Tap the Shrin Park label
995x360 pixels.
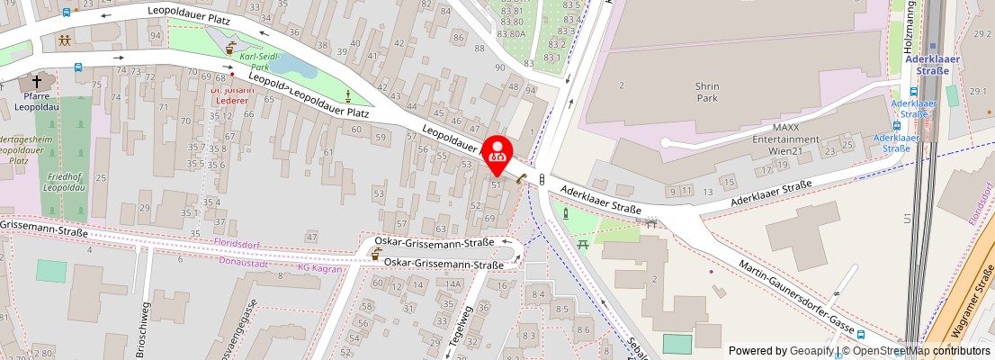click(x=706, y=91)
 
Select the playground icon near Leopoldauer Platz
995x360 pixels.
click(x=66, y=40)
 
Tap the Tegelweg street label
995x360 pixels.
click(x=466, y=328)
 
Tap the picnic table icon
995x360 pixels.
click(x=582, y=243)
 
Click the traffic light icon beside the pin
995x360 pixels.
click(x=542, y=179)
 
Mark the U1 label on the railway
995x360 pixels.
click(x=907, y=218)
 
